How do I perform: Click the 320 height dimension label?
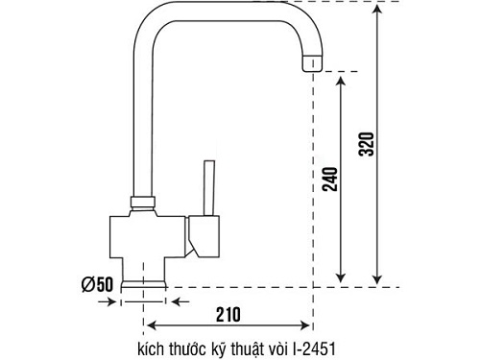[366, 144]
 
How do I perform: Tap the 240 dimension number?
[330, 180]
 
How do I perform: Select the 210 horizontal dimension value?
[228, 315]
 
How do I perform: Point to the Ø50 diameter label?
[97, 284]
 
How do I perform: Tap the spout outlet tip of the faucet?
[312, 62]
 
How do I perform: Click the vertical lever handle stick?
[209, 188]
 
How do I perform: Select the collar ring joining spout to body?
[143, 202]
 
